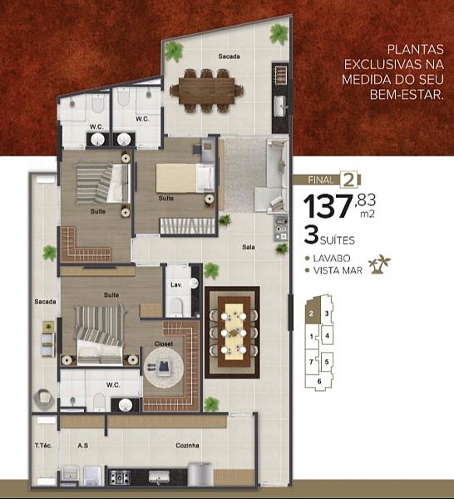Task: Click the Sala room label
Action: tap(248, 247)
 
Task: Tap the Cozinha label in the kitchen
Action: tap(187, 446)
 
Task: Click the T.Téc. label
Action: tap(44, 446)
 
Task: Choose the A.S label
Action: tap(83, 446)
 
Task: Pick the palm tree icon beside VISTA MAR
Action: tap(379, 264)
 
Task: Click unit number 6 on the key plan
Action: tap(319, 381)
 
